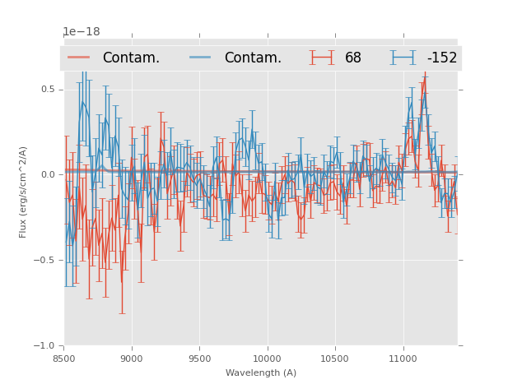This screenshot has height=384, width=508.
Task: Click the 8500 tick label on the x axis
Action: pyautogui.click(x=64, y=358)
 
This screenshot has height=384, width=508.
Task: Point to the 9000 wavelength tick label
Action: pyautogui.click(x=132, y=358)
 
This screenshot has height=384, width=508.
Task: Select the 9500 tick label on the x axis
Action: pyautogui.click(x=199, y=358)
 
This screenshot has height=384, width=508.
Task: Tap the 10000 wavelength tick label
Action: pyautogui.click(x=267, y=358)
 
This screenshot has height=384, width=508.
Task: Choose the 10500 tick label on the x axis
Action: pyautogui.click(x=335, y=358)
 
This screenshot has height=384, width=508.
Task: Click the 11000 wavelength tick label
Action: pyautogui.click(x=403, y=358)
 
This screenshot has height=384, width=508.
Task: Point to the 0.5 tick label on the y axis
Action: pyautogui.click(x=49, y=90)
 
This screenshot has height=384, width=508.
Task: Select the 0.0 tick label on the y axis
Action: pyautogui.click(x=49, y=175)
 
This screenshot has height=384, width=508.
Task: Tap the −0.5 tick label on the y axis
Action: pyautogui.click(x=46, y=261)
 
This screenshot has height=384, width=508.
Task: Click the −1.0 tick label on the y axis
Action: pyautogui.click(x=46, y=346)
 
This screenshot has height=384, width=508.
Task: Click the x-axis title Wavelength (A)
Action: pyautogui.click(x=261, y=373)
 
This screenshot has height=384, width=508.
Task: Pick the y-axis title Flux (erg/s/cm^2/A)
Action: pyautogui.click(x=24, y=192)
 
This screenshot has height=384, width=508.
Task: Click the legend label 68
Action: pyautogui.click(x=353, y=58)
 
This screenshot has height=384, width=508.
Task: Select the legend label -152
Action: pyautogui.click(x=441, y=58)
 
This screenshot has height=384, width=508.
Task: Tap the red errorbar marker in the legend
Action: pyautogui.click(x=323, y=58)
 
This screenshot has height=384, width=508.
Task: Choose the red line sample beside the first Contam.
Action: pyautogui.click(x=79, y=58)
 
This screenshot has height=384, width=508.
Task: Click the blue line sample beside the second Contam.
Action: pyautogui.click(x=201, y=58)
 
